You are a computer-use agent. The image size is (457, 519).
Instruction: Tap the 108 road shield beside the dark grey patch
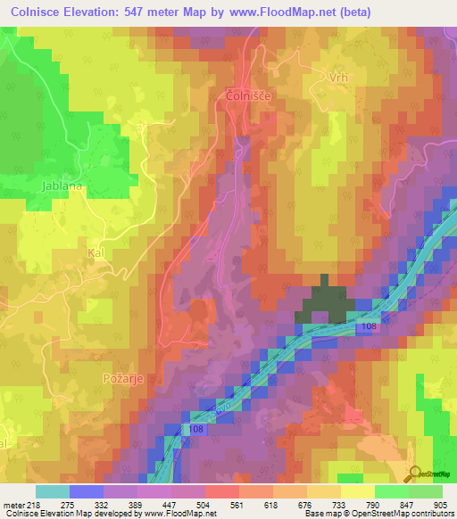369,328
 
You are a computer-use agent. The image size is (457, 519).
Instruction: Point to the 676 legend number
292,506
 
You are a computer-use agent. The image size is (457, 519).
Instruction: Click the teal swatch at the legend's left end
53,491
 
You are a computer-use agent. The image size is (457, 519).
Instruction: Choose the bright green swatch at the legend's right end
425,491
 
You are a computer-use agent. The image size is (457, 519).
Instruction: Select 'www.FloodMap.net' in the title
285,12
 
